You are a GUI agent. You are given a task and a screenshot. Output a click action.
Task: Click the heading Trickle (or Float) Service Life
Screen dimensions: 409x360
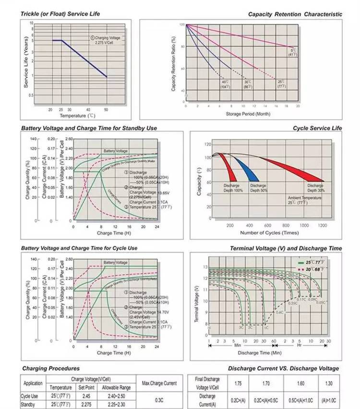60,14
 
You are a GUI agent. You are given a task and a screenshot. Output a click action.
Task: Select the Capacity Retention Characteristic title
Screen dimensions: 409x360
295,14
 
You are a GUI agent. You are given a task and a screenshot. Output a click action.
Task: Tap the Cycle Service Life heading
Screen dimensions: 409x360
317,128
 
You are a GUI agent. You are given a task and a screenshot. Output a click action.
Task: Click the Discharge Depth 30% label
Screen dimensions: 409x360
315,188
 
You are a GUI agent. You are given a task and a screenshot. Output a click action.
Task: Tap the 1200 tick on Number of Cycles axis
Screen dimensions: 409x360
322,225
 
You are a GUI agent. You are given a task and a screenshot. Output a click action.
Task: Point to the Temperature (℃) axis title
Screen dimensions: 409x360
77,116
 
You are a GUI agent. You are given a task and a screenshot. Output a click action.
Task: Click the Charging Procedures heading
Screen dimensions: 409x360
51,368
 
